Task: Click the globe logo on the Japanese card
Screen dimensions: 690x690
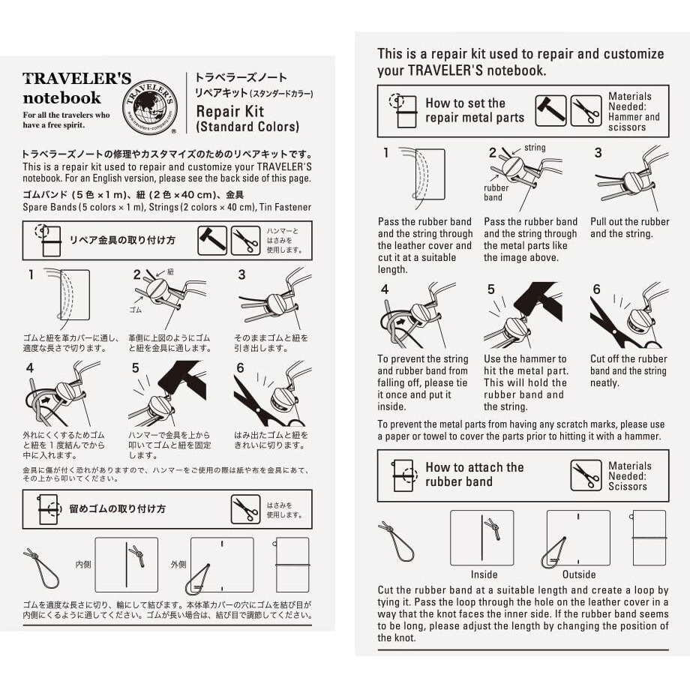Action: click(149, 105)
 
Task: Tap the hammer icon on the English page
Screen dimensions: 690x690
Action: click(550, 111)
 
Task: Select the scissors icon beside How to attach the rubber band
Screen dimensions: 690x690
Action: click(586, 475)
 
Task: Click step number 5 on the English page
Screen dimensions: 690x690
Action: click(491, 289)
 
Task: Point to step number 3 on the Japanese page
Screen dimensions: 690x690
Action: click(241, 275)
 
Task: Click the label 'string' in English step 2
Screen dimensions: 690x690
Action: click(535, 148)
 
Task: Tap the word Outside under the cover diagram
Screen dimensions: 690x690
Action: click(578, 574)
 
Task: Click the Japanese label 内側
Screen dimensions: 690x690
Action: click(82, 563)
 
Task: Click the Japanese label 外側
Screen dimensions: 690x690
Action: click(178, 563)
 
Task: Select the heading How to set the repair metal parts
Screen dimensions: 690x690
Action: click(474, 110)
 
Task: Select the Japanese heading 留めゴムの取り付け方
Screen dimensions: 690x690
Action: click(118, 508)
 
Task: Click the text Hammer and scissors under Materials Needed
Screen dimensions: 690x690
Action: click(634, 122)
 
